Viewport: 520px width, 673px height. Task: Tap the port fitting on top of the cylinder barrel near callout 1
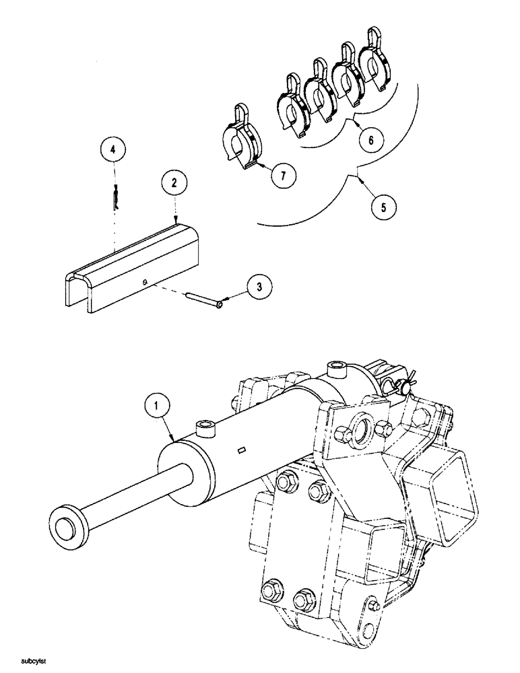(204, 427)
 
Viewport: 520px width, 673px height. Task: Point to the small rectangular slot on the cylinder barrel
(242, 450)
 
